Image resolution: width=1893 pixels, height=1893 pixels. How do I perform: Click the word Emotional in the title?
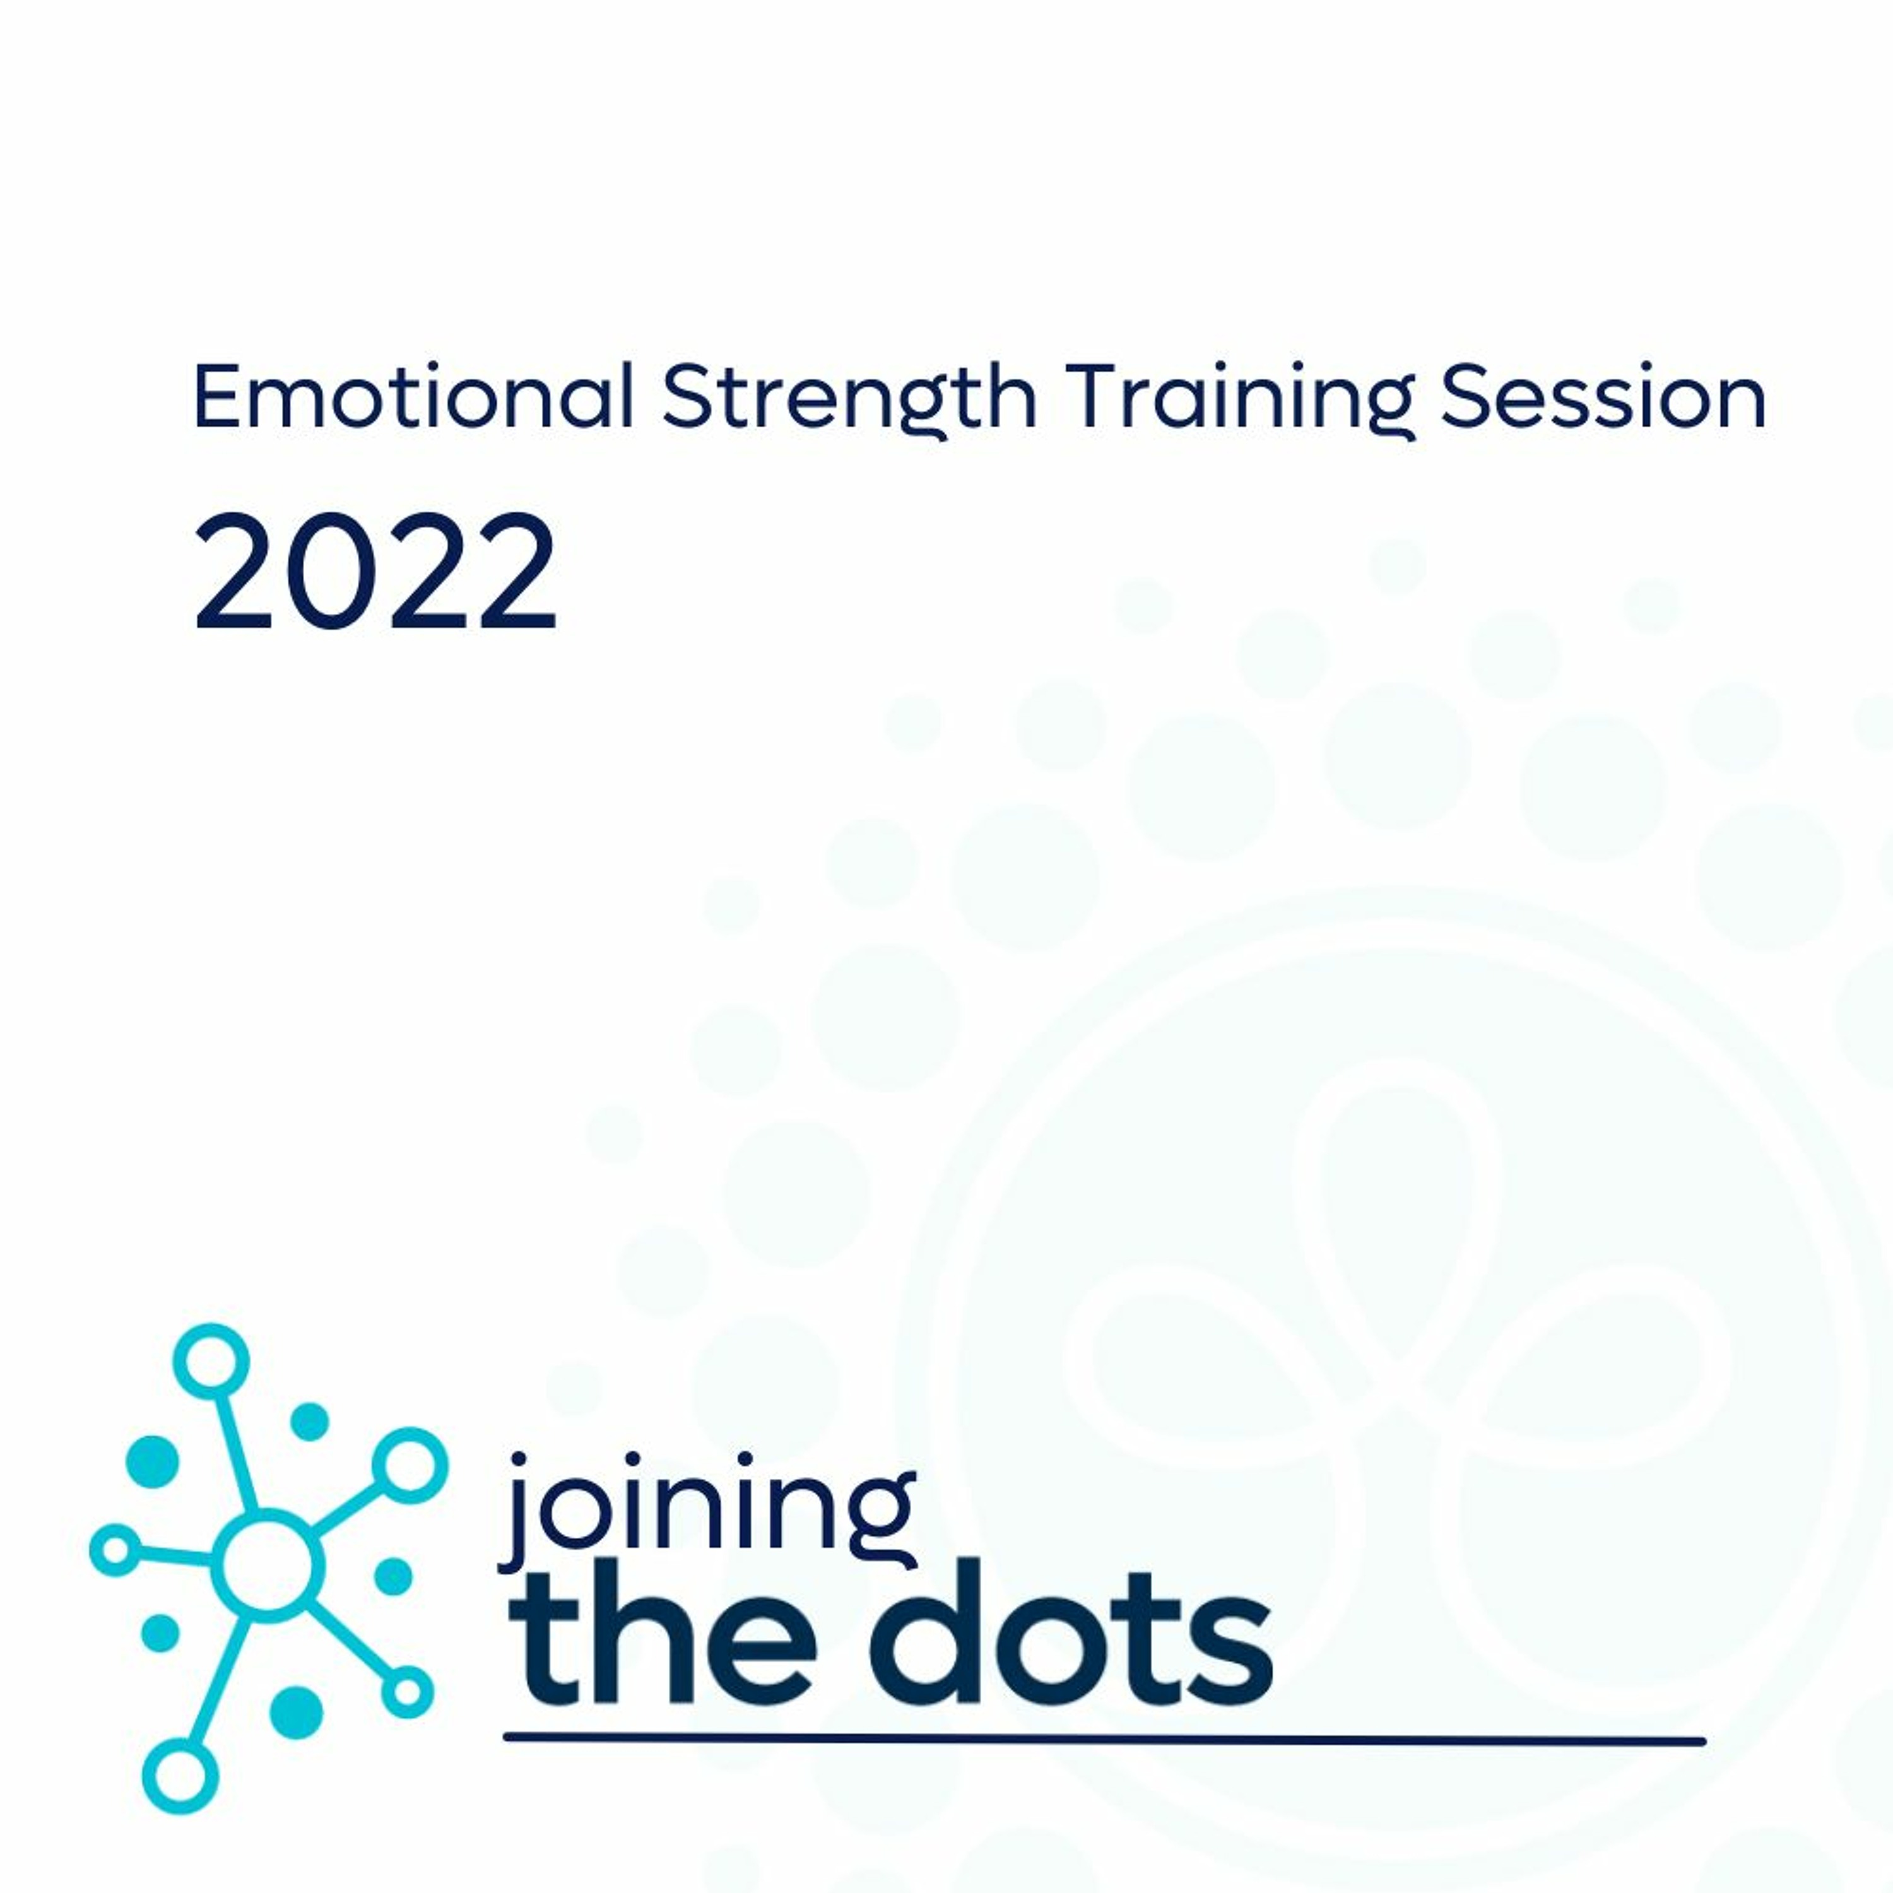point(413,397)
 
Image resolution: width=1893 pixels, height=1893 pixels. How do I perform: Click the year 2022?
point(375,572)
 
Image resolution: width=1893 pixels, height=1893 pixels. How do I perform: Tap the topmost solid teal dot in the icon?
point(310,1422)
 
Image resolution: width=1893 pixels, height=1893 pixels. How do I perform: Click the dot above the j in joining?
point(518,1462)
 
